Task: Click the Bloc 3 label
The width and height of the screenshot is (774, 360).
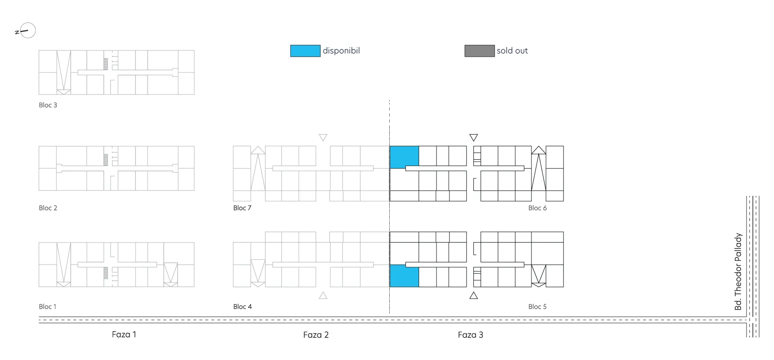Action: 48,105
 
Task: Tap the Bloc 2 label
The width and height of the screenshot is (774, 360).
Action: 48,208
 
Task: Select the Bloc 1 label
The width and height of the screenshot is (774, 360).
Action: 47,306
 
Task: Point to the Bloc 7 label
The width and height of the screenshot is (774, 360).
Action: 242,208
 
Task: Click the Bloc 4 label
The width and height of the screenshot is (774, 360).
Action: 242,306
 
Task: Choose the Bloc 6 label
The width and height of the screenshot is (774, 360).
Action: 537,208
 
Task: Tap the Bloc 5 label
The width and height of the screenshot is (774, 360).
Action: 537,306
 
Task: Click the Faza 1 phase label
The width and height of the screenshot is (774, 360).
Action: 124,334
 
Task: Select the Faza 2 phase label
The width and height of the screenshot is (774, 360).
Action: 316,335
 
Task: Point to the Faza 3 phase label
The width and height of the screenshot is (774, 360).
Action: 470,335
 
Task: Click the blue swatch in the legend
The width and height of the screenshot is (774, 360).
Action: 305,51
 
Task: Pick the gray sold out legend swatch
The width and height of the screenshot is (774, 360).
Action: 479,51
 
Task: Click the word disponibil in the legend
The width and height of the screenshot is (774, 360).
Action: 341,51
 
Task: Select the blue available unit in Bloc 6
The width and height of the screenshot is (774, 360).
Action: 404,157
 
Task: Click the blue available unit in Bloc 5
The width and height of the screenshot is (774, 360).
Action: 404,276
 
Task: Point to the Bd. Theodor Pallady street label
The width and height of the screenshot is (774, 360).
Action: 738,271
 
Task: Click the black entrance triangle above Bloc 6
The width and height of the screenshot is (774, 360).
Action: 473,137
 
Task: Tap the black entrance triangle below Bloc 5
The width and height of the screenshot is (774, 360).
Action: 473,296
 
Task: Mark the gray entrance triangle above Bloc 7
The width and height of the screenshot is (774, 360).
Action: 323,137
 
